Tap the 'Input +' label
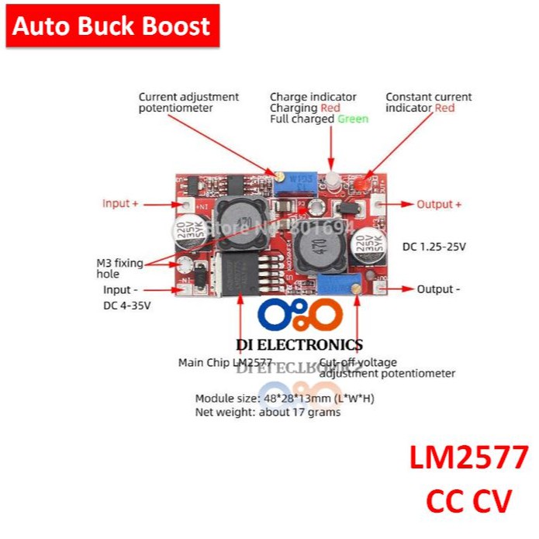[x=120, y=203]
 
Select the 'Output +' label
[x=439, y=204]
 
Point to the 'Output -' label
[x=438, y=289]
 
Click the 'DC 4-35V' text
[x=126, y=305]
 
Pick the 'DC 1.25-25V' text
[x=434, y=247]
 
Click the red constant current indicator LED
[x=361, y=183]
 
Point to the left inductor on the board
[x=237, y=217]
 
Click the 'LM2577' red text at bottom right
[x=469, y=459]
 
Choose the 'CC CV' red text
[x=469, y=500]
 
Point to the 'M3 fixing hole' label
[x=119, y=268]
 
